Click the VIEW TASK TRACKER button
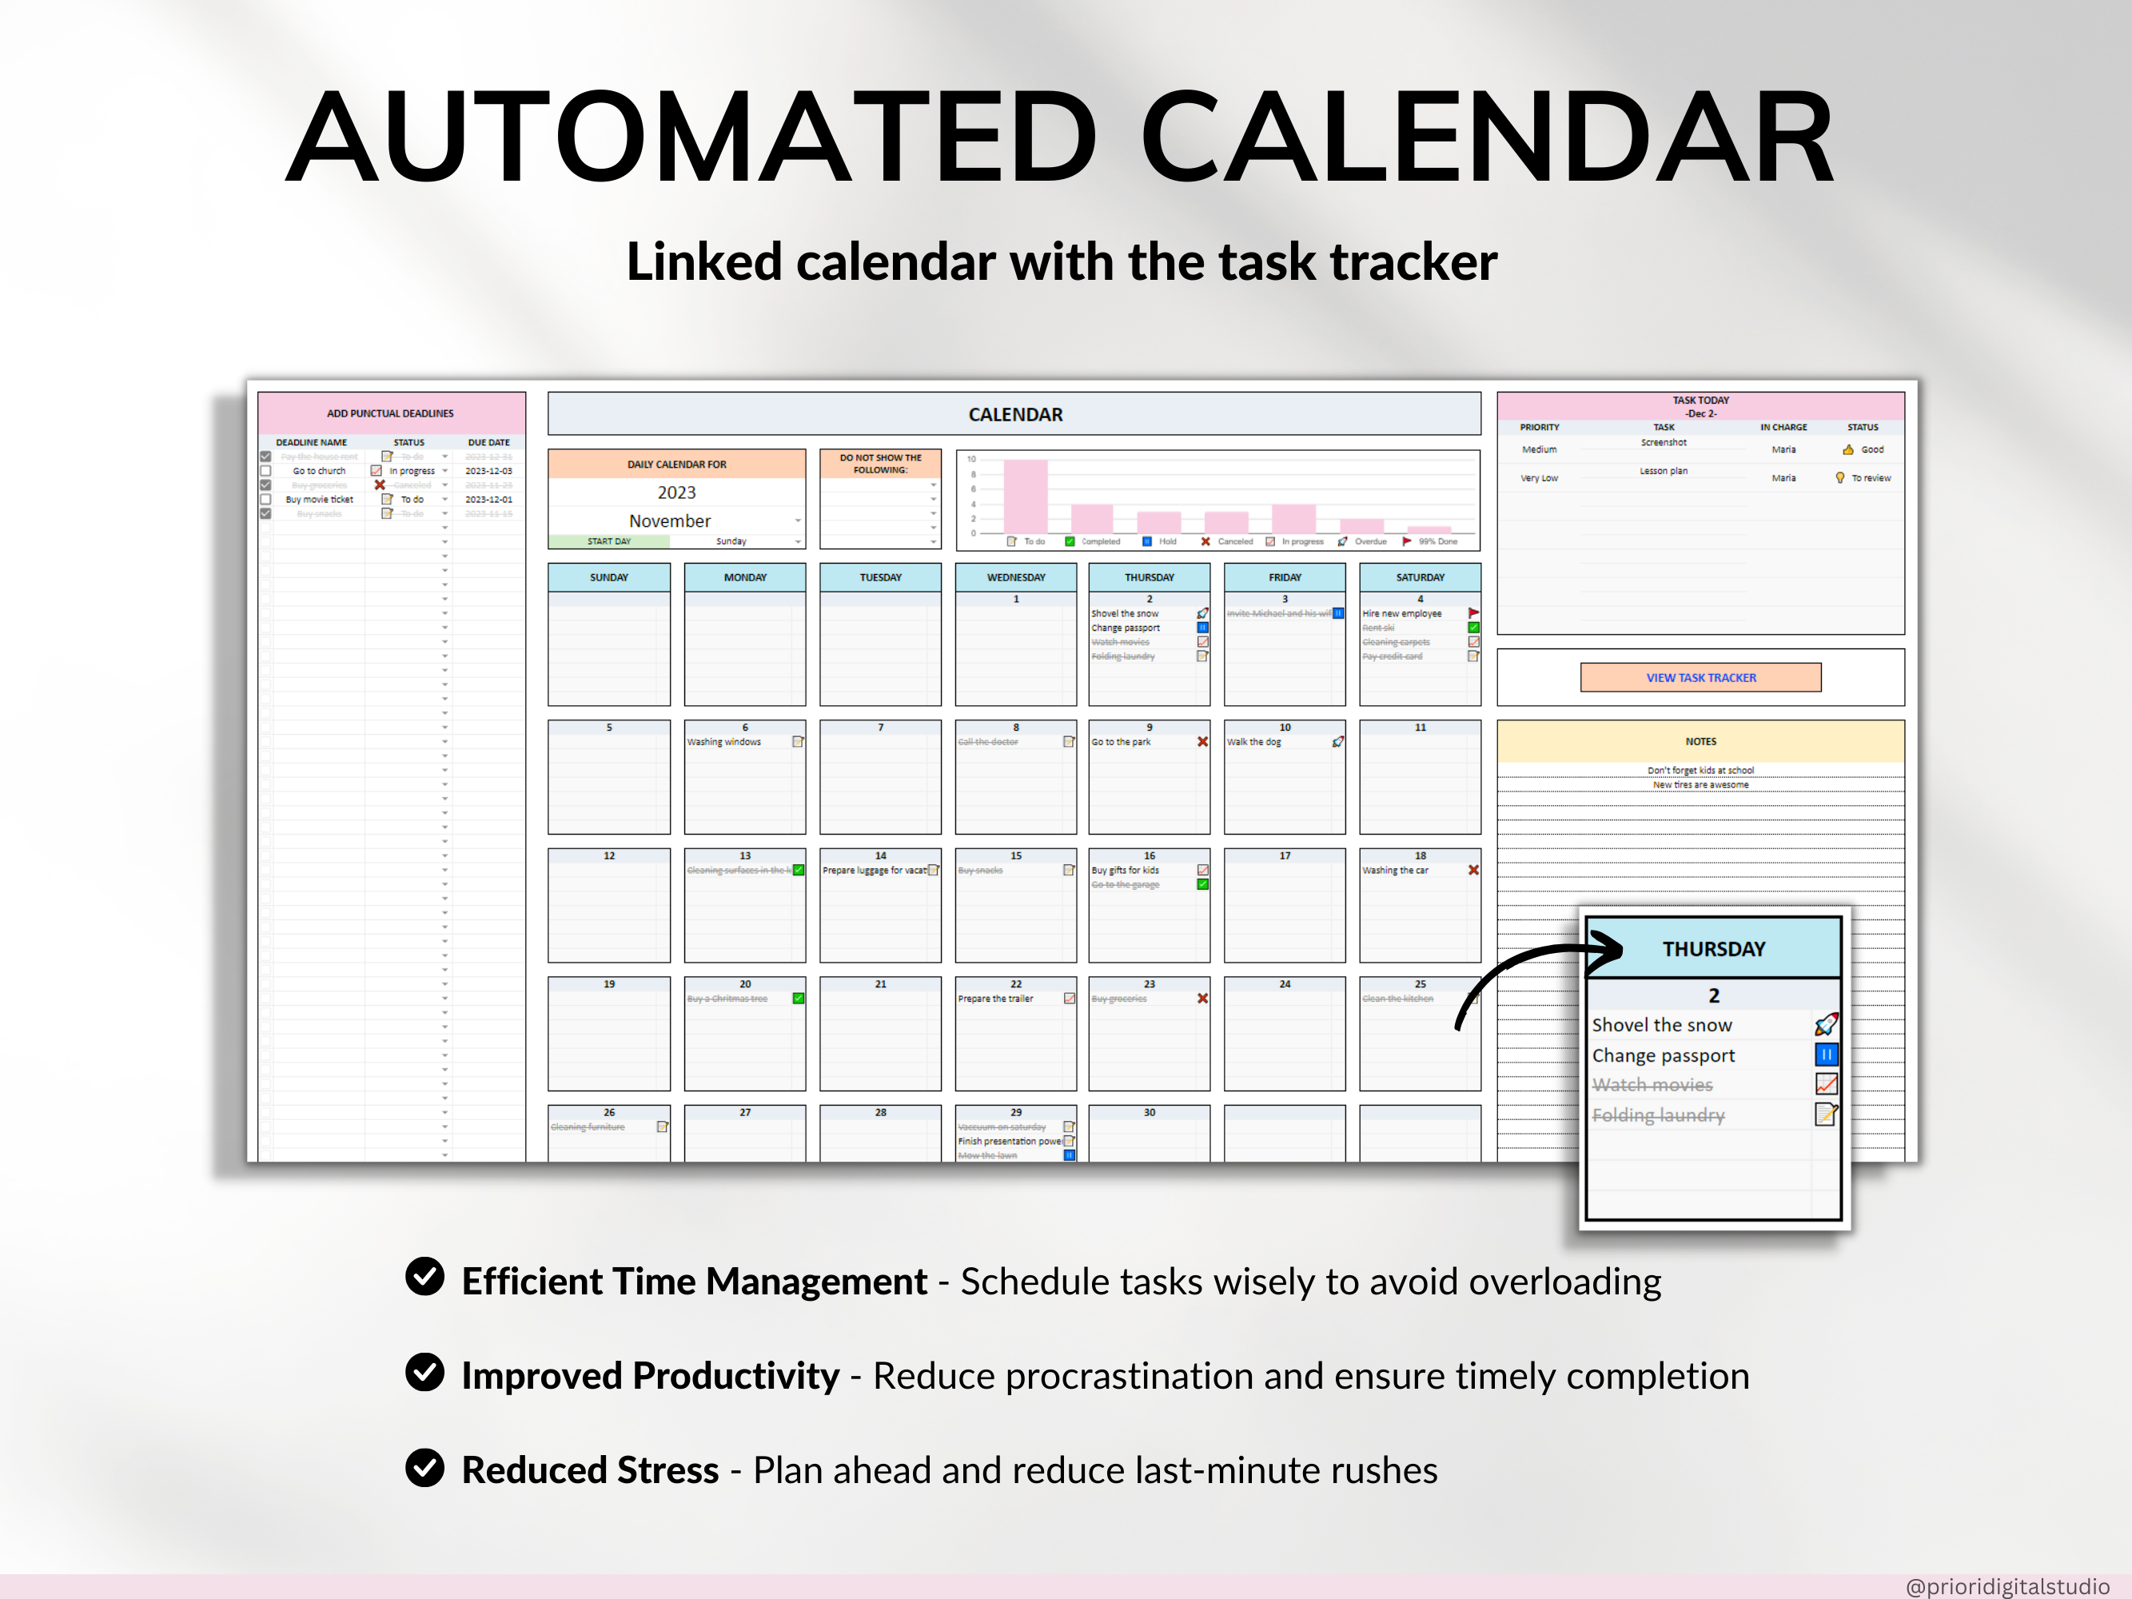[1700, 677]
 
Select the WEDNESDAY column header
[1016, 577]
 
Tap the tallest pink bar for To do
[1025, 496]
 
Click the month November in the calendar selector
[670, 520]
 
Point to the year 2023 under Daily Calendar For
[676, 492]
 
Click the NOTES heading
[1700, 741]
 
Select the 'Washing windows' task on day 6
[723, 742]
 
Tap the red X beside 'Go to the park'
[1202, 742]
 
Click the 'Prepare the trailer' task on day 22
[995, 999]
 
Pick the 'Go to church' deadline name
[319, 472]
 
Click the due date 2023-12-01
[488, 499]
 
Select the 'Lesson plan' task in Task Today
[1664, 472]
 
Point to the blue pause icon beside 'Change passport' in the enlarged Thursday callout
[1826, 1055]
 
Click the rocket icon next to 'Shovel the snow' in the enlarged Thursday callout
[1826, 1024]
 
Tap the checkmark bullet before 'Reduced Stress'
[424, 1468]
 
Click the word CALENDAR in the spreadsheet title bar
[1015, 414]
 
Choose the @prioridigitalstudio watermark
[2007, 1586]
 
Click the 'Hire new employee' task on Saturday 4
[1401, 614]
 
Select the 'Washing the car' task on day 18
[1395, 871]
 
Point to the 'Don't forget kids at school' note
[1700, 770]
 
